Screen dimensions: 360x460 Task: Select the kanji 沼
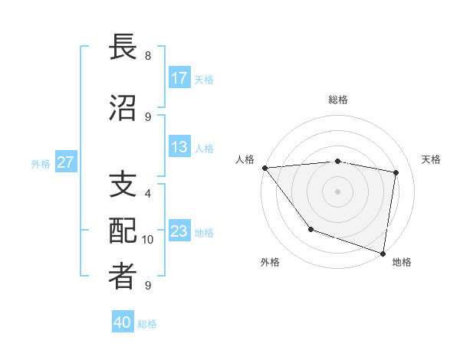[x=123, y=108]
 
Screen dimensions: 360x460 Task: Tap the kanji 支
[x=123, y=185]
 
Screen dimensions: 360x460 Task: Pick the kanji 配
[x=123, y=231]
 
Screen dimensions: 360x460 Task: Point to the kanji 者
[x=123, y=277]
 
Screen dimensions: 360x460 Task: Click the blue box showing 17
[x=179, y=78]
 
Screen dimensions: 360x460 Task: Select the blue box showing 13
[x=179, y=147]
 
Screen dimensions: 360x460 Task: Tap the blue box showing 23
[x=179, y=231]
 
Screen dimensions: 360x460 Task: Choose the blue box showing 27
[x=65, y=162]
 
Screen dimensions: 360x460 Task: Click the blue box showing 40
[x=123, y=322]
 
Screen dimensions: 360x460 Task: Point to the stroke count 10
[x=148, y=240]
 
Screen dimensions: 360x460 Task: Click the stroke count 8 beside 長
[x=148, y=56]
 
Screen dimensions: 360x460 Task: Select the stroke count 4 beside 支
[x=148, y=194]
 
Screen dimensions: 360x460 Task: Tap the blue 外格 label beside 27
[x=41, y=163]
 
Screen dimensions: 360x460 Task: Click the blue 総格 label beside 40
[x=147, y=324]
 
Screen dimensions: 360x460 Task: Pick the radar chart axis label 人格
[x=245, y=159]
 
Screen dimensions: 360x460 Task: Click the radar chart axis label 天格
[x=432, y=159]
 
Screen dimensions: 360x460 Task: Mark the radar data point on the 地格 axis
[x=383, y=252]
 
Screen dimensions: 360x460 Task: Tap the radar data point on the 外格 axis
[x=310, y=229]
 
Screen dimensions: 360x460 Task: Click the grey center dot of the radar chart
[x=337, y=191]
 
